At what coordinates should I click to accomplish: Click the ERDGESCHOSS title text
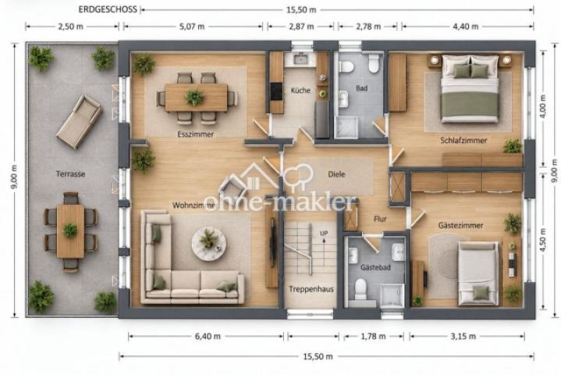pos(108,9)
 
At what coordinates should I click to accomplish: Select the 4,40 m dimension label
pos(466,27)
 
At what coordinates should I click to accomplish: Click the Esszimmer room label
pos(195,134)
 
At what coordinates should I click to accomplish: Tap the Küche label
pos(300,91)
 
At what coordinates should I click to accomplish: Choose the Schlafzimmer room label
pos(463,141)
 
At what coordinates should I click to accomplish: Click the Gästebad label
pos(375,267)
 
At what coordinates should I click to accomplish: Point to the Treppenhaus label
pos(311,289)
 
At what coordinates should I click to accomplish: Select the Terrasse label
pos(70,174)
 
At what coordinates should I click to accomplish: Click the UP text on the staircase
pos(324,234)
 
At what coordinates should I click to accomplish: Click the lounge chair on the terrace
pos(80,121)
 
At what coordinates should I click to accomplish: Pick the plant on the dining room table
pos(194,97)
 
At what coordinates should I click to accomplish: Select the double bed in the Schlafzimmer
pos(470,89)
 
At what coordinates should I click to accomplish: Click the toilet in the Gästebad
pos(360,289)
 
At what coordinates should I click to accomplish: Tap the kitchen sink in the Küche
pos(300,59)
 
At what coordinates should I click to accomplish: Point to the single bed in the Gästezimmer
pos(478,273)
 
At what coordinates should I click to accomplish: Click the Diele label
pos(336,174)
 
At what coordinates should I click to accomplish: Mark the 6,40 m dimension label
pos(208,336)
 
